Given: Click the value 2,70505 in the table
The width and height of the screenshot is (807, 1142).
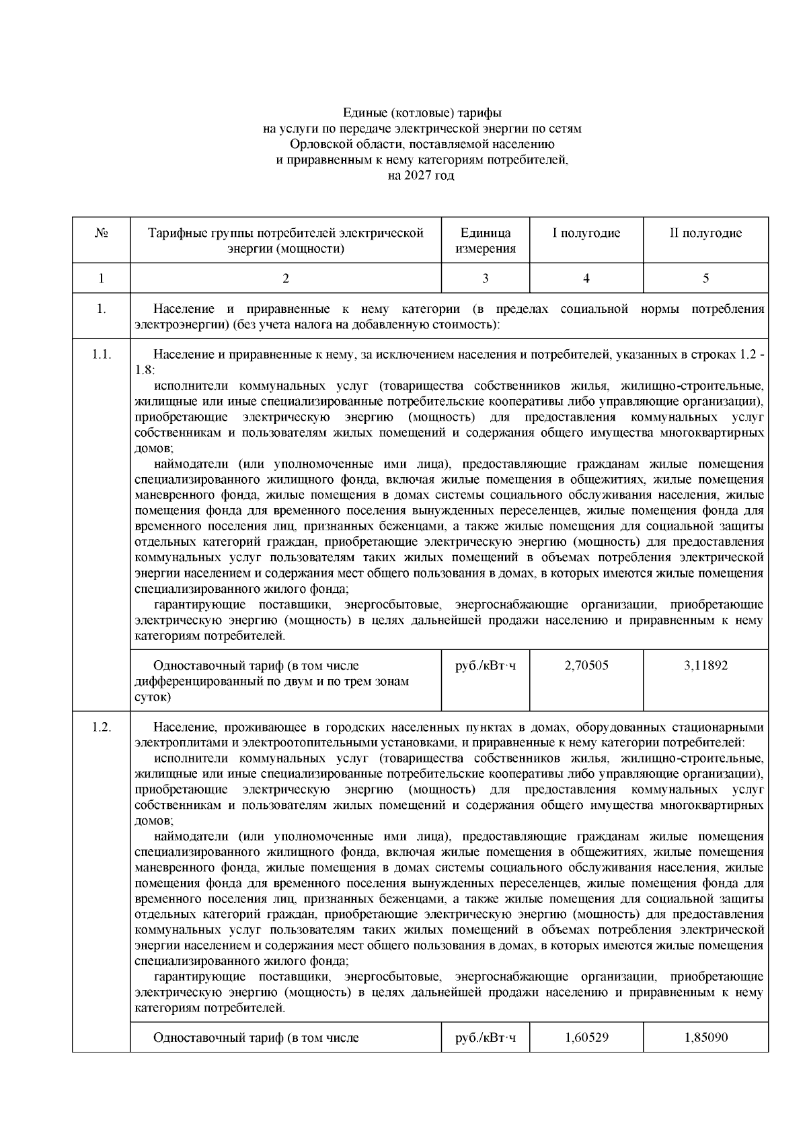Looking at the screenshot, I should click(x=586, y=666).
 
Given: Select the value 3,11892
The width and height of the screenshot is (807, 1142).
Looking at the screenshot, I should click(x=705, y=666).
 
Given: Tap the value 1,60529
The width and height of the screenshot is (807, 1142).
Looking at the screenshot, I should click(x=586, y=1037).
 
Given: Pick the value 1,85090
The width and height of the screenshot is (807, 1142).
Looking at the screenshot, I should click(x=705, y=1037).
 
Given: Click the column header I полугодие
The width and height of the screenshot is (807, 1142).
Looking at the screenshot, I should click(x=586, y=234).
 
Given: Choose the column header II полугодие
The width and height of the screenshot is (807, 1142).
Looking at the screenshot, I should click(x=705, y=234).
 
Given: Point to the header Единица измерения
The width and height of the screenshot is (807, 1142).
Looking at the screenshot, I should click(x=486, y=241).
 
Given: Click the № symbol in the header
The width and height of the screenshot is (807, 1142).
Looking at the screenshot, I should click(x=102, y=234).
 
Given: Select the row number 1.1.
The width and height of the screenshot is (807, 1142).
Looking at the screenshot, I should click(x=102, y=355).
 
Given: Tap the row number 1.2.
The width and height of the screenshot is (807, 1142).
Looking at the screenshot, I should click(x=102, y=727).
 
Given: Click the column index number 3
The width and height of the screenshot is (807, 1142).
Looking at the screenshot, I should click(x=486, y=278).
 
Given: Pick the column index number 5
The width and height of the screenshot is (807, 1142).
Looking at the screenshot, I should click(x=705, y=278).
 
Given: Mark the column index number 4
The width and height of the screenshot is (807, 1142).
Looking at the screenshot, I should click(x=586, y=278).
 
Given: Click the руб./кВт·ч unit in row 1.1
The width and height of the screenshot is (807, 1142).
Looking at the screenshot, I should click(x=486, y=666).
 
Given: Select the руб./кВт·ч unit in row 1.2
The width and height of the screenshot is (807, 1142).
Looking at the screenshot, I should click(x=486, y=1037).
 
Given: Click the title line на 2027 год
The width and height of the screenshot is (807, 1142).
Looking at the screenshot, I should click(x=422, y=176).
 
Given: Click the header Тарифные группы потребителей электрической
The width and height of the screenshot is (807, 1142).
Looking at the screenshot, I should click(x=286, y=234).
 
